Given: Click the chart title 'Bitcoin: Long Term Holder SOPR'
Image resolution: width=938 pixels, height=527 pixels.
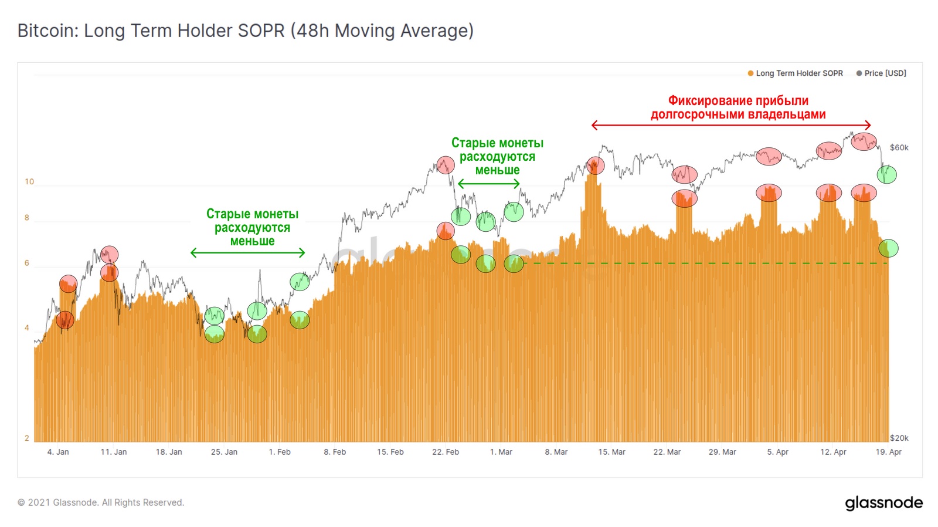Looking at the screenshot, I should pyautogui.click(x=245, y=31).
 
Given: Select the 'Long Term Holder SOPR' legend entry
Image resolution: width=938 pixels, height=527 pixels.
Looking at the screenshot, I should pyautogui.click(x=798, y=73).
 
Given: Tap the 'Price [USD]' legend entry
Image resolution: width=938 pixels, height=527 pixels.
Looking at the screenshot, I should pyautogui.click(x=885, y=73).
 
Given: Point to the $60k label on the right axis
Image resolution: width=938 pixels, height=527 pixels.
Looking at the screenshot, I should pyautogui.click(x=899, y=147).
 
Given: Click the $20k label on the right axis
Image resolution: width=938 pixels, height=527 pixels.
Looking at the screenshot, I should pyautogui.click(x=899, y=438).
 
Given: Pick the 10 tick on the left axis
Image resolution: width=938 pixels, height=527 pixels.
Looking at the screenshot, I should pyautogui.click(x=29, y=182).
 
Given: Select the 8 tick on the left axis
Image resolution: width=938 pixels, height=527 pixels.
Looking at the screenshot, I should pyautogui.click(x=27, y=218).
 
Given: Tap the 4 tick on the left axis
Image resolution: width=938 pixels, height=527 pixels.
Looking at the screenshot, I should pyautogui.click(x=27, y=328).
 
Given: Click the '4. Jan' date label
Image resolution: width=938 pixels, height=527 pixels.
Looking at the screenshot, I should pyautogui.click(x=58, y=452).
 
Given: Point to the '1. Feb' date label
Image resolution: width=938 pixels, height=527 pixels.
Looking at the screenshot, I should pyautogui.click(x=280, y=452).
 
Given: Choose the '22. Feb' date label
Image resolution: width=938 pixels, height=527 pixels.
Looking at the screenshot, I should pyautogui.click(x=446, y=452).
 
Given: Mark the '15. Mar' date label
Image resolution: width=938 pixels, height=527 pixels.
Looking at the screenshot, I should pyautogui.click(x=611, y=452).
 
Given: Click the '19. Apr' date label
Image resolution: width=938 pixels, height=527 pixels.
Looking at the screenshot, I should pyautogui.click(x=888, y=452).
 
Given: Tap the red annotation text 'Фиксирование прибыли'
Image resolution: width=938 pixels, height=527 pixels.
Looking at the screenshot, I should pyautogui.click(x=738, y=101).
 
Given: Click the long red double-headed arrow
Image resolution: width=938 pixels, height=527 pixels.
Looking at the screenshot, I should pyautogui.click(x=731, y=125).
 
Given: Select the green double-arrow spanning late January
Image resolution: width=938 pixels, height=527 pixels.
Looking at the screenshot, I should pyautogui.click(x=247, y=253).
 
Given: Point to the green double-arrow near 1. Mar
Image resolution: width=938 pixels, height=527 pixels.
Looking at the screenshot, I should pyautogui.click(x=488, y=184).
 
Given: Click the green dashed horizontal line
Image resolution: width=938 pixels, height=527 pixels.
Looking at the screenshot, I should pyautogui.click(x=704, y=263).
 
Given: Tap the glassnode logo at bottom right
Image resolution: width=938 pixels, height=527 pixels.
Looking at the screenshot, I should pyautogui.click(x=883, y=503).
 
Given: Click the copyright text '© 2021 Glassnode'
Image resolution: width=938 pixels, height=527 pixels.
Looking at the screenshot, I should pyautogui.click(x=100, y=502).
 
